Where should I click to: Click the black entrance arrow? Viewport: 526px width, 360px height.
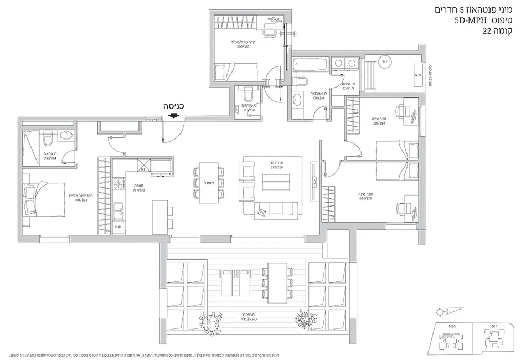pyautogui.click(x=174, y=115)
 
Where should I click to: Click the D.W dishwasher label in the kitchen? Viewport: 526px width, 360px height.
pyautogui.click(x=117, y=227)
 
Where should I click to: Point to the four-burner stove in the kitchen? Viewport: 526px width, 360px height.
pyautogui.click(x=118, y=182)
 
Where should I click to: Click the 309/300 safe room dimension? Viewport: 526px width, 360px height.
pyautogui.click(x=228, y=47)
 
